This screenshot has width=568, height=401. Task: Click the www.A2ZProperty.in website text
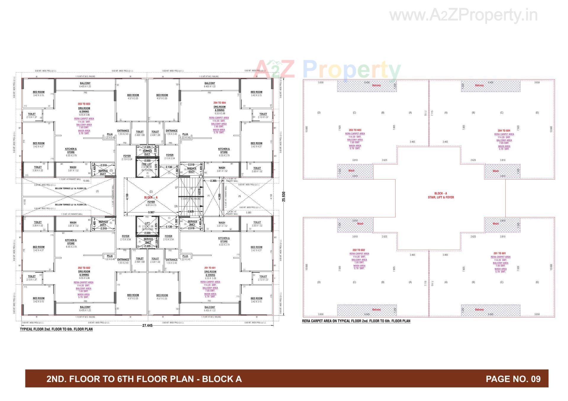[x=463, y=15]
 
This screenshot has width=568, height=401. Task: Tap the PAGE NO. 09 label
[x=513, y=379]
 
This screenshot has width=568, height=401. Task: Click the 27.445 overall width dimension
[x=147, y=325]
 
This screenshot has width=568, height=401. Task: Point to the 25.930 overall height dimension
[x=284, y=197]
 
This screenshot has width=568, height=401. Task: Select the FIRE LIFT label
[x=147, y=164]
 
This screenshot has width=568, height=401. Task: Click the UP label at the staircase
[x=177, y=188]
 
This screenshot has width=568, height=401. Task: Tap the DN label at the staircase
[x=176, y=206]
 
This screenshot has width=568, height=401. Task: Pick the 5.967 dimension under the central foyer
[x=151, y=212]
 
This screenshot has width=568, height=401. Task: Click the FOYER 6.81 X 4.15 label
[x=151, y=203]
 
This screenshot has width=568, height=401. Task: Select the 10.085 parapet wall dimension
[x=86, y=181]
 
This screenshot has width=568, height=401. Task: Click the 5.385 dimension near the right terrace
[x=248, y=212]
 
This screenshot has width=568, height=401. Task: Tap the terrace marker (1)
[x=239, y=196]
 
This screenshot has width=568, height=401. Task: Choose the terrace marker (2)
[x=97, y=191]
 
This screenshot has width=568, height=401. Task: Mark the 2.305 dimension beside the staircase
[x=213, y=181]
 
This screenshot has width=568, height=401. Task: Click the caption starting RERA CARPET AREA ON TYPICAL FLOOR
[x=356, y=321]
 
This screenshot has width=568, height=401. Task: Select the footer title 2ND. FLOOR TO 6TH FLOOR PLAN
[x=144, y=379]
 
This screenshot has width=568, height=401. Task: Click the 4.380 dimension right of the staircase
[x=219, y=197]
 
